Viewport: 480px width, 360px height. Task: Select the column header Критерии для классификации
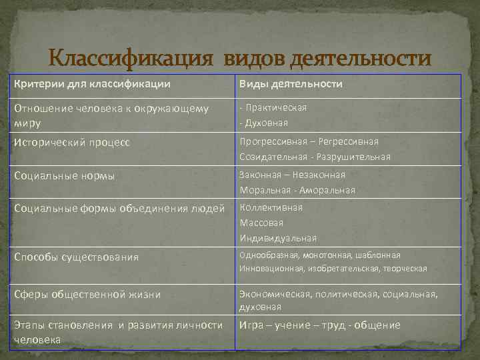point(91,84)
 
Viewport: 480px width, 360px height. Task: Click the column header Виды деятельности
point(292,84)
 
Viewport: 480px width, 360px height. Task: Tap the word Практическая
point(276,107)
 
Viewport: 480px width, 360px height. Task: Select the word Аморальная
point(327,191)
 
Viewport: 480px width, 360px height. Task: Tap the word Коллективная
point(272,207)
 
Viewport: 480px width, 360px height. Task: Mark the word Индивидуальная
point(278,238)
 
